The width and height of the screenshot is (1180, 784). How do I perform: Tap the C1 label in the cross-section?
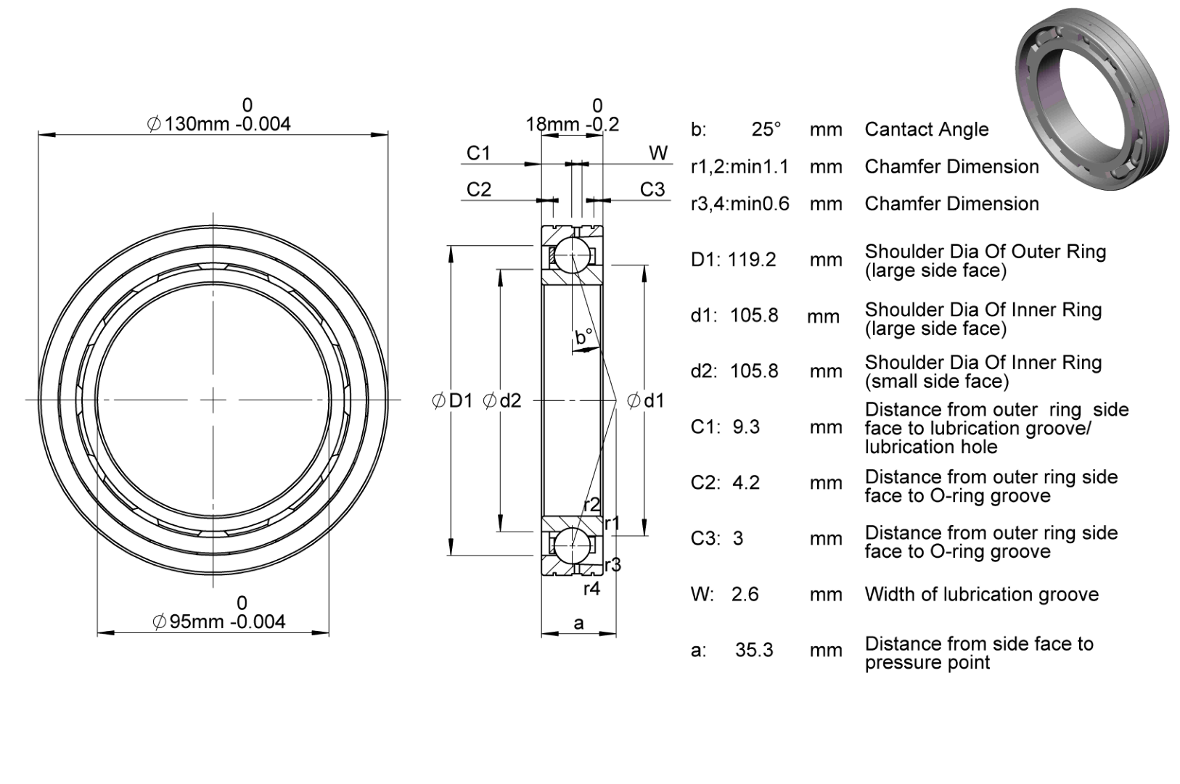pyautogui.click(x=478, y=153)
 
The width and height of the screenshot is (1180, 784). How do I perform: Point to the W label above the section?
pyautogui.click(x=658, y=153)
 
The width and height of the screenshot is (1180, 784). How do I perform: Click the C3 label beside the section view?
pyautogui.click(x=652, y=189)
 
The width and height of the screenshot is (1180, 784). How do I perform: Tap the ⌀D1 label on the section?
pyautogui.click(x=452, y=401)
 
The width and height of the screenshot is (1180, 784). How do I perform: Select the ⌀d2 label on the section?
pyautogui.click(x=502, y=401)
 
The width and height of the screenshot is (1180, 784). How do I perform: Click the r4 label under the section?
pyautogui.click(x=591, y=589)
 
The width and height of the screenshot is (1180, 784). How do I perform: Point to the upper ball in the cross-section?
pyautogui.click(x=572, y=255)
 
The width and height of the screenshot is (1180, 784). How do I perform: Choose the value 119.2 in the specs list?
pyautogui.click(x=752, y=260)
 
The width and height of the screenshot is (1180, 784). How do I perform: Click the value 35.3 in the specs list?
pyautogui.click(x=754, y=651)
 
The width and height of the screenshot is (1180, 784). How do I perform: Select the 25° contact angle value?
pyautogui.click(x=766, y=130)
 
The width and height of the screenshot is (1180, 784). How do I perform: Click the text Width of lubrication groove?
pyautogui.click(x=982, y=595)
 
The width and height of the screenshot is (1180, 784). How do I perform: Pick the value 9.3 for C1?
pyautogui.click(x=746, y=427)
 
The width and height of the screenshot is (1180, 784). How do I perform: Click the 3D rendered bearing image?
pyautogui.click(x=1091, y=99)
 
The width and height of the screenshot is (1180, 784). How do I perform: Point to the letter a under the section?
pyautogui.click(x=578, y=624)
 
